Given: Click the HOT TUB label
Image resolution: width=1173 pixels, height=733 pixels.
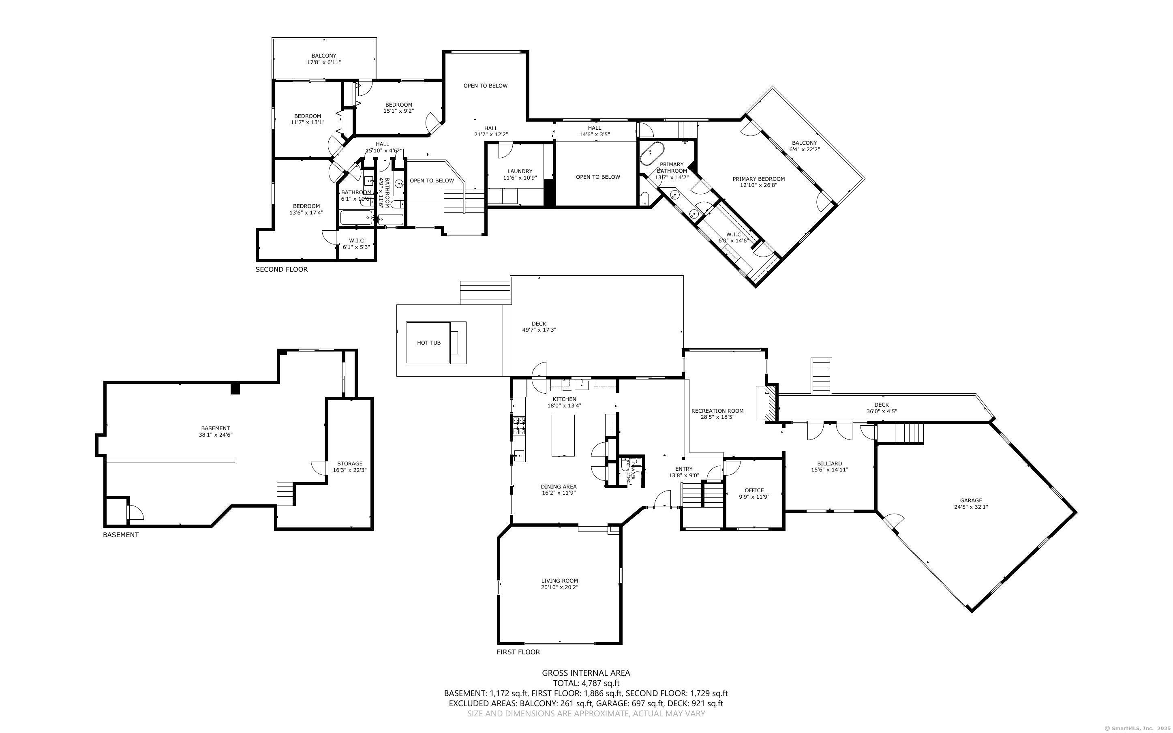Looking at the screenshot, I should pos(428,343).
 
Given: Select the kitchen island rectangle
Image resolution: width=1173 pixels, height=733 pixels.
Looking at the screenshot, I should pos(563,435).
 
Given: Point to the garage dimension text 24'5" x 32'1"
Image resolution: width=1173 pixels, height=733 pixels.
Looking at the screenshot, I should pos(971,507).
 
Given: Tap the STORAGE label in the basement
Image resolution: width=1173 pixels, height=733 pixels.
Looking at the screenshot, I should pos(349,463).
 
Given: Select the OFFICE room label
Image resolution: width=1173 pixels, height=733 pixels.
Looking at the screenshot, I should pos(754,490).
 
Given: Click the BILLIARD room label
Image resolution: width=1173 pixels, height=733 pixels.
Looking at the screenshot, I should pos(829,463).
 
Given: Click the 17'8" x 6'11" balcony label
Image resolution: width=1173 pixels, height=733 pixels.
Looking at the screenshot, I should pos(324,62).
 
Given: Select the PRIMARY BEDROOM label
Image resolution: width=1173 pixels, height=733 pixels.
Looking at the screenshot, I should pos(758,179).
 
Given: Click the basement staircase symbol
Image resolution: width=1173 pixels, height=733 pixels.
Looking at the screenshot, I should pos(285,494).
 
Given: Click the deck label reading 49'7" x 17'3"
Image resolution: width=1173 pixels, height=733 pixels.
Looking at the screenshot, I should pos(538,330).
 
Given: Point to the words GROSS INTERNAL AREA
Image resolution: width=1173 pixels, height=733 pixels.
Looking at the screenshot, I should pos(586,673).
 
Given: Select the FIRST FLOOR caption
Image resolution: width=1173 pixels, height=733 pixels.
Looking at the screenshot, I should pos(518,652).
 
